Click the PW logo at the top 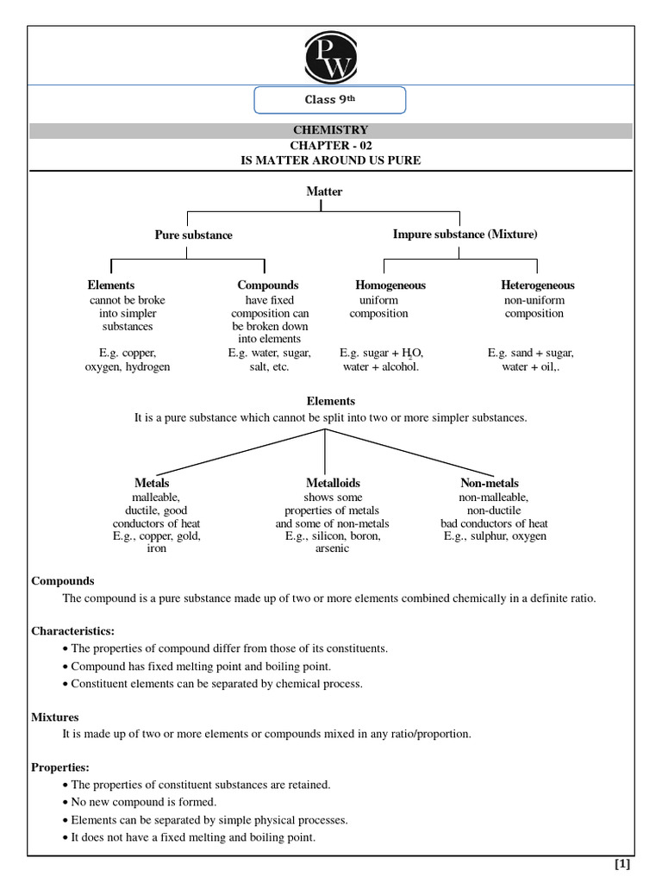pyautogui.click(x=330, y=56)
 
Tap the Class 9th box pyautogui.click(x=329, y=100)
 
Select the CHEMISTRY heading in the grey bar pyautogui.click(x=330, y=130)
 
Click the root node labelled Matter pyautogui.click(x=324, y=191)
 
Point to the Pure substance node pyautogui.click(x=193, y=235)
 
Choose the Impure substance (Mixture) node pyautogui.click(x=465, y=234)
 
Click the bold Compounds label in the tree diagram pyautogui.click(x=268, y=285)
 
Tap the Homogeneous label pyautogui.click(x=390, y=285)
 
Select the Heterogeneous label pyautogui.click(x=537, y=285)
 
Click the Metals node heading pyautogui.click(x=152, y=484)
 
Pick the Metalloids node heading pyautogui.click(x=333, y=484)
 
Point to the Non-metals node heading pyautogui.click(x=490, y=484)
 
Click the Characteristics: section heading pyautogui.click(x=72, y=631)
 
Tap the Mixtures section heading pyautogui.click(x=55, y=717)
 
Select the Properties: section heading pyautogui.click(x=60, y=767)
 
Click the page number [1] pyautogui.click(x=622, y=864)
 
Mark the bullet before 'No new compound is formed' pyautogui.click(x=66, y=803)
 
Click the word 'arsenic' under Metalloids pyautogui.click(x=332, y=549)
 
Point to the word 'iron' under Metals pyautogui.click(x=156, y=549)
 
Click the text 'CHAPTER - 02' pyautogui.click(x=330, y=146)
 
